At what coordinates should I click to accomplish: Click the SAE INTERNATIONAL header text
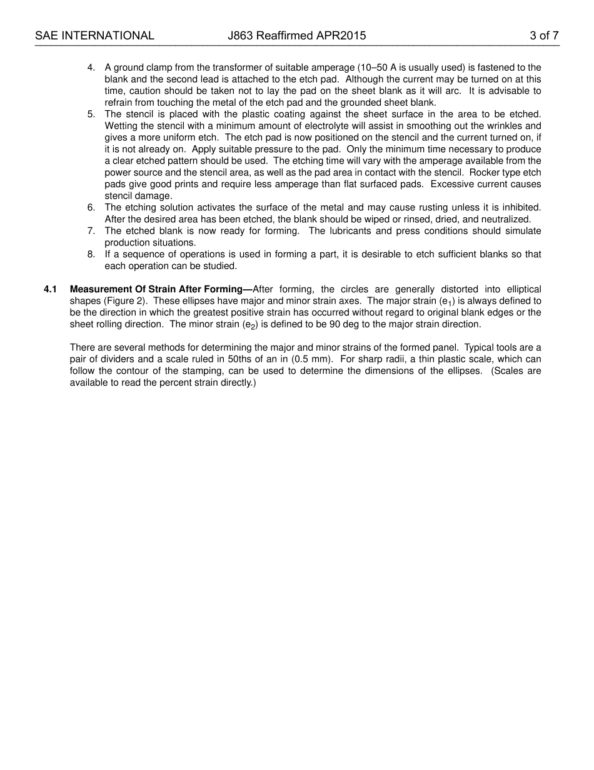pos(94,36)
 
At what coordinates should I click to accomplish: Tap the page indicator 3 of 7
pos(544,36)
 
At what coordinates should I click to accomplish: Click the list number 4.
pos(91,68)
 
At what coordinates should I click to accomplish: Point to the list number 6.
pos(91,207)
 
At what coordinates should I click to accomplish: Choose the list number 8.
pos(91,254)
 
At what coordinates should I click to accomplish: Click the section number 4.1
pos(50,289)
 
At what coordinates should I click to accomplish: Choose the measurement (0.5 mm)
pos(313,359)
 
